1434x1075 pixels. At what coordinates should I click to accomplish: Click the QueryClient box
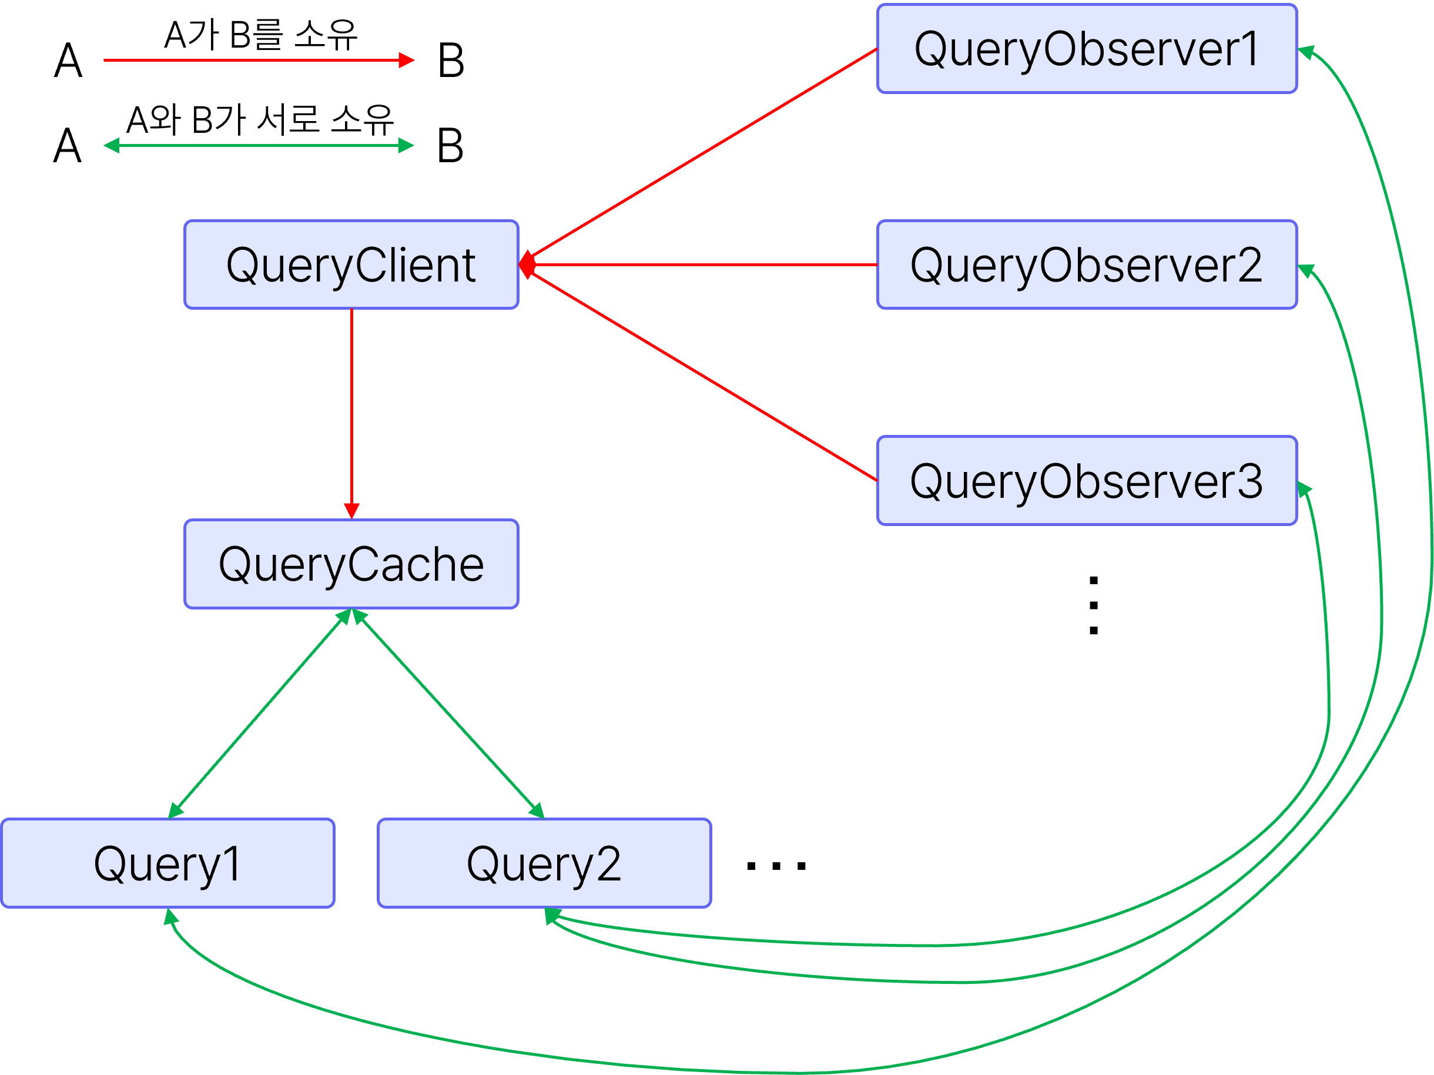(351, 264)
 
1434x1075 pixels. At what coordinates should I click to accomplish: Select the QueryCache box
(351, 564)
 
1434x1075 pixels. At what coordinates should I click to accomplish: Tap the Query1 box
(167, 863)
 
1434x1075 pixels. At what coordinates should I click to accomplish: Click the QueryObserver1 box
(1087, 49)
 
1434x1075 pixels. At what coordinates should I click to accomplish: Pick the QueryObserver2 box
(1087, 264)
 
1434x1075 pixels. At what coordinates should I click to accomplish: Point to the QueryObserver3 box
(1087, 480)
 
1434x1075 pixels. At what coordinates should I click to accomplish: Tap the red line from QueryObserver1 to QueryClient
(700, 156)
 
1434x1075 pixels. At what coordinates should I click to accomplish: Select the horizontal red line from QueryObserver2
(700, 264)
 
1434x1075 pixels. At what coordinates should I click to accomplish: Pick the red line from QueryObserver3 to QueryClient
(700, 375)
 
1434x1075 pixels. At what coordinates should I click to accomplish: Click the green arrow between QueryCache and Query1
(259, 713)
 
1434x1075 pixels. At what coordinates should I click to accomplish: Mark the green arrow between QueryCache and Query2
(447, 713)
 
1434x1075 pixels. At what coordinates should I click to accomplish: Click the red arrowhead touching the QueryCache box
(351, 511)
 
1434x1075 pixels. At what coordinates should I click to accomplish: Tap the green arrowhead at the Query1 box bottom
(170, 916)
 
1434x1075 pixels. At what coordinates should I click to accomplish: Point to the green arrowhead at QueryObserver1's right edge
(1306, 52)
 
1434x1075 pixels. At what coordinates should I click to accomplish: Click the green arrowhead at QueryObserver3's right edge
(1304, 489)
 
